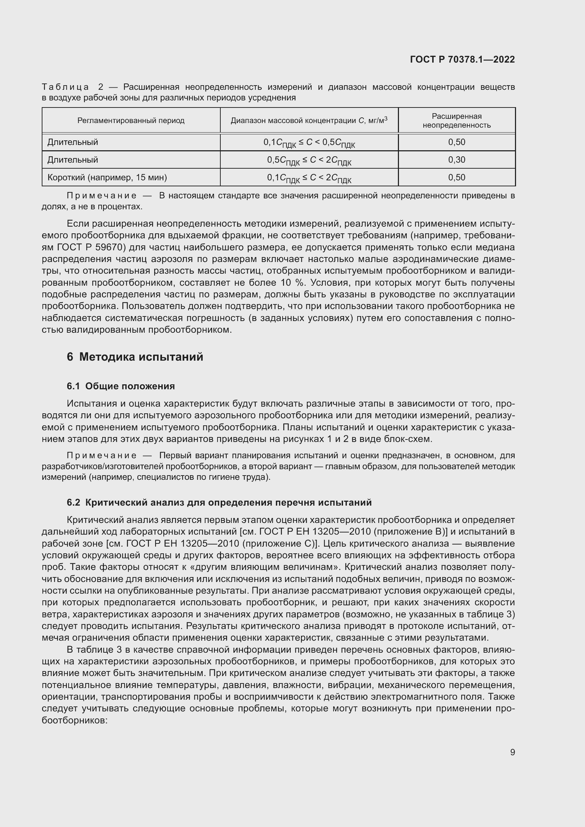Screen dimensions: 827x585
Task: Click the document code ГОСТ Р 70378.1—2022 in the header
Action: (x=462, y=59)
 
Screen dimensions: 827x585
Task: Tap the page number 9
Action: (x=512, y=752)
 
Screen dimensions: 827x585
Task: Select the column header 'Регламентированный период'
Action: (x=131, y=121)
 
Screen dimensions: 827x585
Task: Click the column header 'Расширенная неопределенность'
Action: (x=456, y=121)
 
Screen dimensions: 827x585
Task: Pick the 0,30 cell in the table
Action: (x=456, y=159)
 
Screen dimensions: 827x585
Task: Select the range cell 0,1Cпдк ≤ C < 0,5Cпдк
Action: (x=309, y=142)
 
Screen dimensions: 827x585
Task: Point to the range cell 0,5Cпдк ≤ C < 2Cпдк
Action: (x=309, y=160)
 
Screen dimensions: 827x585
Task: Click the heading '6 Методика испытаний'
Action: (x=135, y=357)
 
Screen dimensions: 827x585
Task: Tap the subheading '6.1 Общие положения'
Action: (x=121, y=386)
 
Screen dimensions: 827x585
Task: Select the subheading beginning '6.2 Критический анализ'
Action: (x=219, y=502)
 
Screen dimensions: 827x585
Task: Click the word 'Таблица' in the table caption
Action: (x=65, y=87)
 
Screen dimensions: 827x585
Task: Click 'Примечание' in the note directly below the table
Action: (x=102, y=196)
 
